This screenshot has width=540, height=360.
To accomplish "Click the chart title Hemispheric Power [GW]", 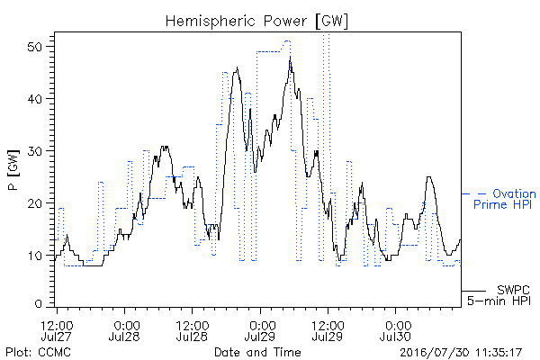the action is (x=256, y=22).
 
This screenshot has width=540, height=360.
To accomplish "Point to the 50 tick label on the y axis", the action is (x=35, y=47).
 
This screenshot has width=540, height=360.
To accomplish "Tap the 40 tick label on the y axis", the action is (x=35, y=99).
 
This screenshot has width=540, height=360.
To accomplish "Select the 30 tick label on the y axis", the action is (x=35, y=151).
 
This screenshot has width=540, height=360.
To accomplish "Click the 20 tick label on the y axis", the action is (x=35, y=203).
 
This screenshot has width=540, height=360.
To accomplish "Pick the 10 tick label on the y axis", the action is (x=35, y=256).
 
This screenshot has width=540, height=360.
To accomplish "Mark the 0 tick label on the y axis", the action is (x=38, y=304).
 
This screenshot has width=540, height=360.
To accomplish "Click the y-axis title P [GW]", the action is (x=13, y=170).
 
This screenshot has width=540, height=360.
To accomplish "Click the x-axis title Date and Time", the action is (x=257, y=352).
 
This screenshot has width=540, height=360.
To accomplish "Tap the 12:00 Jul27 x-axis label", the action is (x=57, y=330).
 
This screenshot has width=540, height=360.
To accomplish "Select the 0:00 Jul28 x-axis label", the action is (x=124, y=330).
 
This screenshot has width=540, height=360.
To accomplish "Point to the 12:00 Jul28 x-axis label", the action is (x=193, y=330).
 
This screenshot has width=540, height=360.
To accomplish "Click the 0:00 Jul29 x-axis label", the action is (x=260, y=330).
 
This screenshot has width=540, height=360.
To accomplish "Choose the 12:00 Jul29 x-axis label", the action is (x=328, y=330).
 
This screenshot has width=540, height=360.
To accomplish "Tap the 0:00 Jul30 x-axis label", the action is (x=395, y=330).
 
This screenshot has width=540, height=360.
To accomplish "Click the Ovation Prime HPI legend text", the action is (x=505, y=199).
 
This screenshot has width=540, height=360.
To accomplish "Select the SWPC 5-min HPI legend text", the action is (x=499, y=295).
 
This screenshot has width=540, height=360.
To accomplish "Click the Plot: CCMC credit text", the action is (x=38, y=352).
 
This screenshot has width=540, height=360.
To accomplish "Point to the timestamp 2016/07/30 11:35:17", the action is (x=461, y=353).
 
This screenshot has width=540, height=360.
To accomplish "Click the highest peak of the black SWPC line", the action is (x=291, y=57).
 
